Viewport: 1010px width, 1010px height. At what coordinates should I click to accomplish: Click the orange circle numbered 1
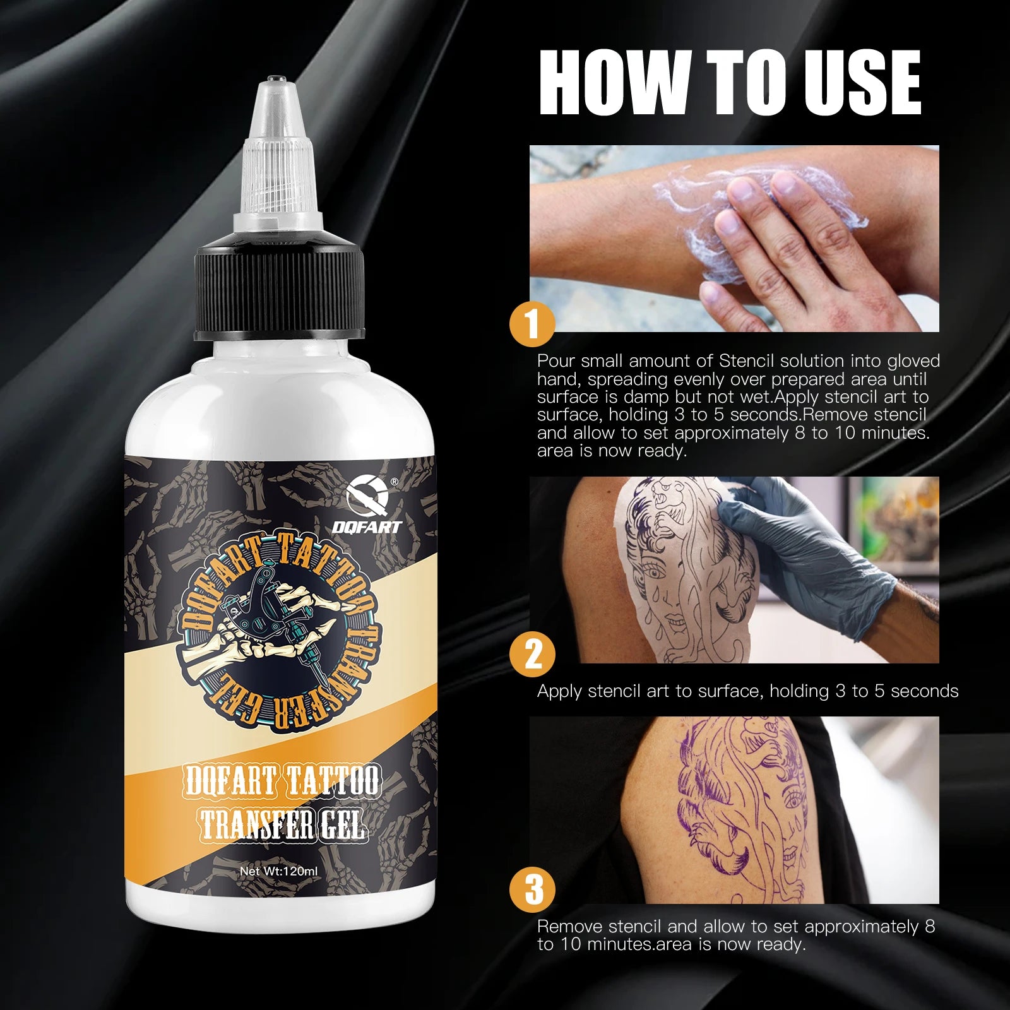point(532,324)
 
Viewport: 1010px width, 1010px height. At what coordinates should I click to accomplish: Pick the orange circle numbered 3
point(532,889)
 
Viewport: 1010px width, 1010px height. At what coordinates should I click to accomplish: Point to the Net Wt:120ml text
point(279,871)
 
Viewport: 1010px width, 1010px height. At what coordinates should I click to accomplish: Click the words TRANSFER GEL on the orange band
point(282,824)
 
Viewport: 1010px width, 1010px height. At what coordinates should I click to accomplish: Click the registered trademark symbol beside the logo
point(394,482)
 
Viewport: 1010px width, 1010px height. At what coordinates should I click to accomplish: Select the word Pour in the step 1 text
point(556,361)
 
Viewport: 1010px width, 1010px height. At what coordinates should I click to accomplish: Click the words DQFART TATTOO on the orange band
point(282,781)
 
